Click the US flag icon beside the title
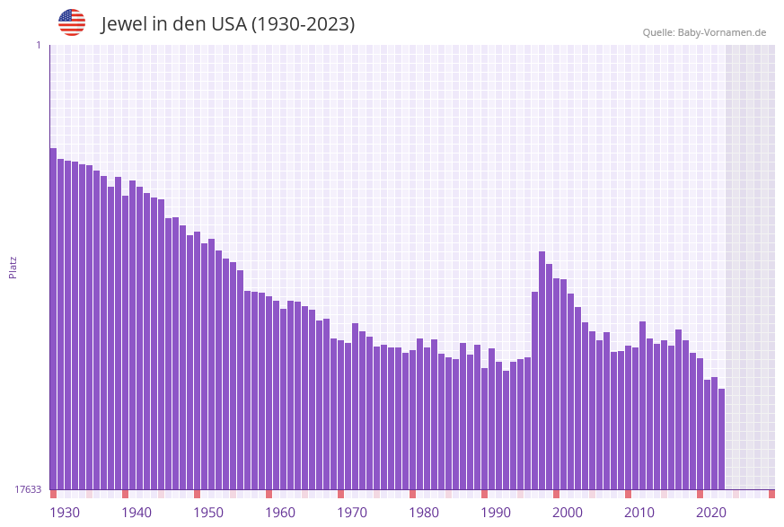[72, 22]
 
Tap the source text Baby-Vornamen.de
[721, 32]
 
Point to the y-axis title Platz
[13, 267]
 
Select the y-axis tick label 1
[38, 45]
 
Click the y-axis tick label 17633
[28, 489]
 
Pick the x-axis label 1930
[65, 513]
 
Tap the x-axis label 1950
[208, 513]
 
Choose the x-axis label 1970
[352, 513]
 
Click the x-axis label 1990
[496, 513]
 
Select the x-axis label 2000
[568, 513]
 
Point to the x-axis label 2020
[711, 513]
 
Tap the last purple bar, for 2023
[721, 439]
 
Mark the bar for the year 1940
[125, 342]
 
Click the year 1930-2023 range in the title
[303, 24]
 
